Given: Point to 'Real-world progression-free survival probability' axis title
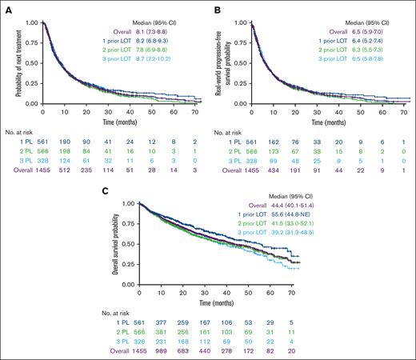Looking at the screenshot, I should pyautogui.click(x=226, y=59).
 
